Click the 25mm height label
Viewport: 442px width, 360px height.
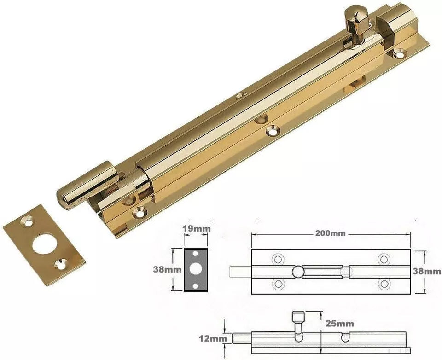[340, 324]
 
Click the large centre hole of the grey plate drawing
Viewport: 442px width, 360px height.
[196, 270]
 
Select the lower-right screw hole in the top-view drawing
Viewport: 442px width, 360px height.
[383, 284]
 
